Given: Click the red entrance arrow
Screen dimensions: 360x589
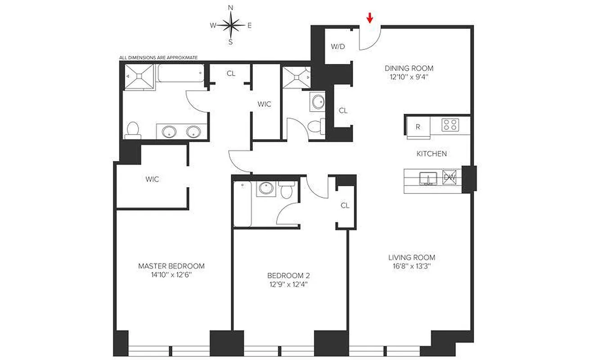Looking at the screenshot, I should (x=370, y=18).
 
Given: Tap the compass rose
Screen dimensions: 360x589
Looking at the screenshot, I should (x=231, y=25).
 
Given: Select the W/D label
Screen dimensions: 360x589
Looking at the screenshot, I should (x=337, y=47).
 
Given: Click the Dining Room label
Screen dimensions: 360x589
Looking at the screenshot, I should (x=409, y=68).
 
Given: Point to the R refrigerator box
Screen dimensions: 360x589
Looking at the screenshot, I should (x=418, y=127).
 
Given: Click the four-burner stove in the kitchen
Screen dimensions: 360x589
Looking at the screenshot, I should (x=450, y=125).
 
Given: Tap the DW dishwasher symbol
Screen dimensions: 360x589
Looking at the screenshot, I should (x=450, y=178).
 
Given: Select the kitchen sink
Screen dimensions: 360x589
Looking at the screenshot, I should (x=429, y=179).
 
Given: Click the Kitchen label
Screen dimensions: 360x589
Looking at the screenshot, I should (x=432, y=154).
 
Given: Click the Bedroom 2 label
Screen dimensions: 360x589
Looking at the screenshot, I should (x=288, y=275).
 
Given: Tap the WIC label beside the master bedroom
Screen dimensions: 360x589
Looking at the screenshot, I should (x=152, y=179).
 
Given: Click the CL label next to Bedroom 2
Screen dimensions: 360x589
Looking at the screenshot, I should (x=345, y=206).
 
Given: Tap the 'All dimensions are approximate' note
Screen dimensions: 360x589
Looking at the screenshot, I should (x=158, y=58).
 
